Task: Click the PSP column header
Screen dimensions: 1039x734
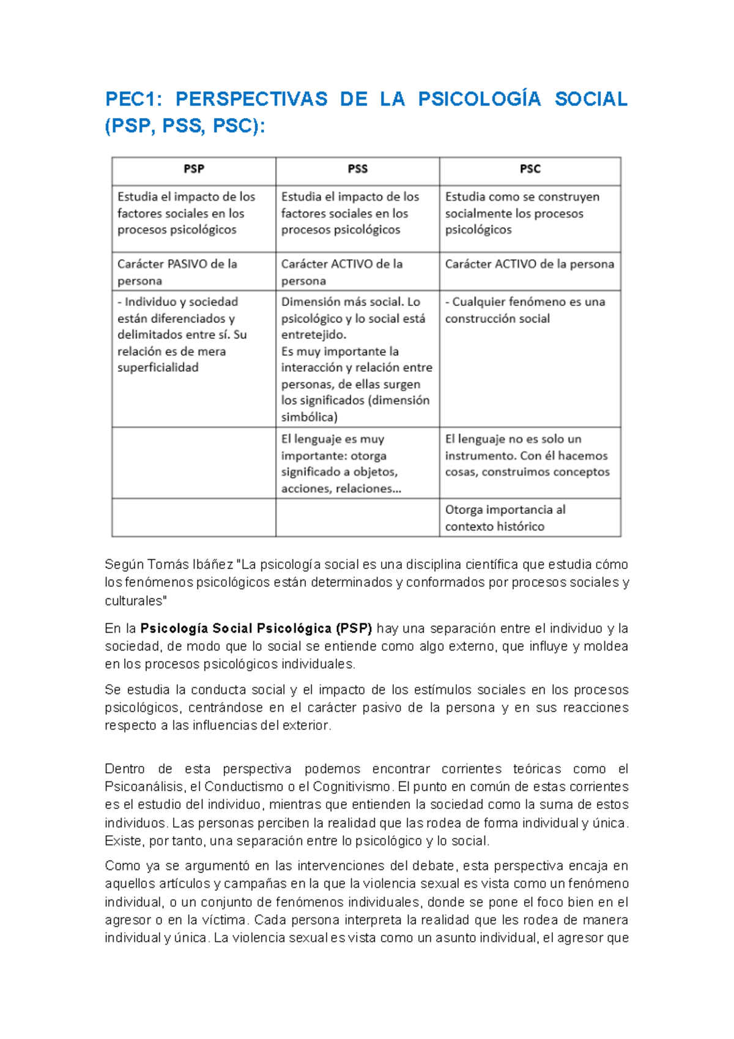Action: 194,169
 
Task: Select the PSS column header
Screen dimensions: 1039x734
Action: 358,169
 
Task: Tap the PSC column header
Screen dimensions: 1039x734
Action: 530,169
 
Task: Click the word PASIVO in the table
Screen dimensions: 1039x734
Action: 187,264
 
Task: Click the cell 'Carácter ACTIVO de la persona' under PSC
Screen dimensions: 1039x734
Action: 529,264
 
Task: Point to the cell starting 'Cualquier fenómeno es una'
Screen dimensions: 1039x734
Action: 525,310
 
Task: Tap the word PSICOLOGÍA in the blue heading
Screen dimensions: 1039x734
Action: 480,99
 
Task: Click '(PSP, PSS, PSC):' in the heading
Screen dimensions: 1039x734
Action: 185,126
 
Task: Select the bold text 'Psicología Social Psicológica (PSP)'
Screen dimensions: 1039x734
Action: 256,628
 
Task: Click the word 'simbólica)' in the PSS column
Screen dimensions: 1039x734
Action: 310,417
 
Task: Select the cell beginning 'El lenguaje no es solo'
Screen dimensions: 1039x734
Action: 527,455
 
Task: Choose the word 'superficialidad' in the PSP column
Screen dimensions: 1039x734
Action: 158,368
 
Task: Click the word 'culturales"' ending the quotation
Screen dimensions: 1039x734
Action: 135,600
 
